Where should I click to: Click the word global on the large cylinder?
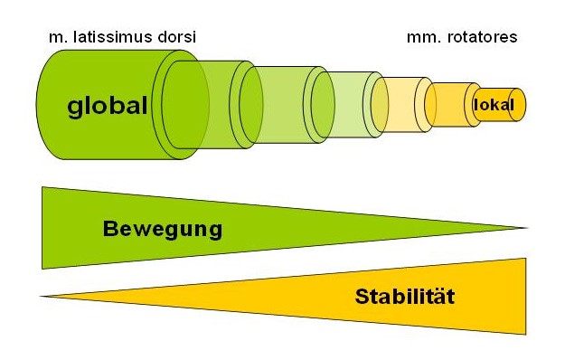(107, 106)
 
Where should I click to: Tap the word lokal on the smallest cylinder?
(494, 105)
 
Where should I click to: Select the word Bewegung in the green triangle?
(163, 229)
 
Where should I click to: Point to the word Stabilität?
(404, 296)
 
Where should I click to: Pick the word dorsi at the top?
(176, 37)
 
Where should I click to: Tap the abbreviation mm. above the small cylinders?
(419, 37)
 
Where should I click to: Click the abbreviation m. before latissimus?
(54, 37)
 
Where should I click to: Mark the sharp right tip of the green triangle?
(527, 227)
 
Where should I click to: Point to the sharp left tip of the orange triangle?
(42, 296)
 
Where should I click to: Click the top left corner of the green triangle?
(42, 187)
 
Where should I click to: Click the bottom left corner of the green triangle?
(42, 269)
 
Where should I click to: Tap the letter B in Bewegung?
(109, 229)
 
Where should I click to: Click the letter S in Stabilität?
(362, 296)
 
